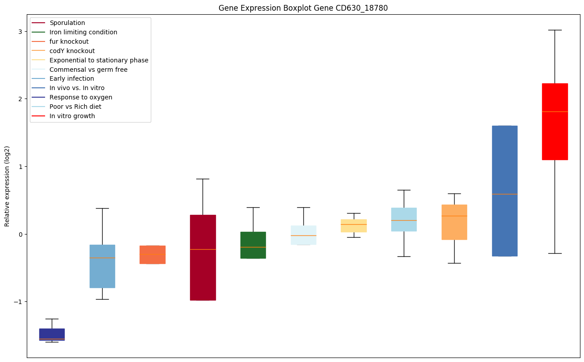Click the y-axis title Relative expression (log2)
click(x=7, y=186)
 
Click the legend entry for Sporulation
click(x=67, y=23)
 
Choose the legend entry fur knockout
click(x=69, y=41)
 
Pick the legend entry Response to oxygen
click(x=81, y=97)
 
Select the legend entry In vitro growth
click(x=72, y=116)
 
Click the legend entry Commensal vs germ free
click(x=88, y=70)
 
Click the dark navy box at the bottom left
click(x=52, y=334)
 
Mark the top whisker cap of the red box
click(x=555, y=30)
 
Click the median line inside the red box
click(x=555, y=111)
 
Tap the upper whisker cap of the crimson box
click(x=203, y=179)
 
